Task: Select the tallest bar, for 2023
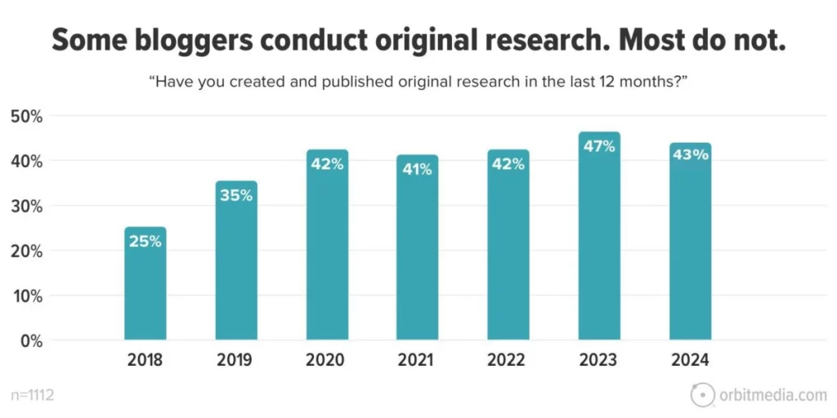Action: click(x=599, y=245)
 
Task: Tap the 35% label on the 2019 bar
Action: click(x=236, y=197)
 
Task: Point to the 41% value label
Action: click(x=418, y=171)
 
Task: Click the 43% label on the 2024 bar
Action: click(x=690, y=154)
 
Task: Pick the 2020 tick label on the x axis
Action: click(x=326, y=359)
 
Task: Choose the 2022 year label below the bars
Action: click(x=508, y=359)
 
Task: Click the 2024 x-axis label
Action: click(x=690, y=359)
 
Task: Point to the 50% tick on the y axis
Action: click(x=26, y=117)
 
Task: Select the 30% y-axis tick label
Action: click(x=26, y=207)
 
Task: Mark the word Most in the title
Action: click(x=641, y=40)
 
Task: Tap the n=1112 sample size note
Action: click(x=33, y=396)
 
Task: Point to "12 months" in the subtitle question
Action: click(x=633, y=82)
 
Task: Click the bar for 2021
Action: click(x=418, y=253)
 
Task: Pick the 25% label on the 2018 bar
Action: click(x=145, y=242)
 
